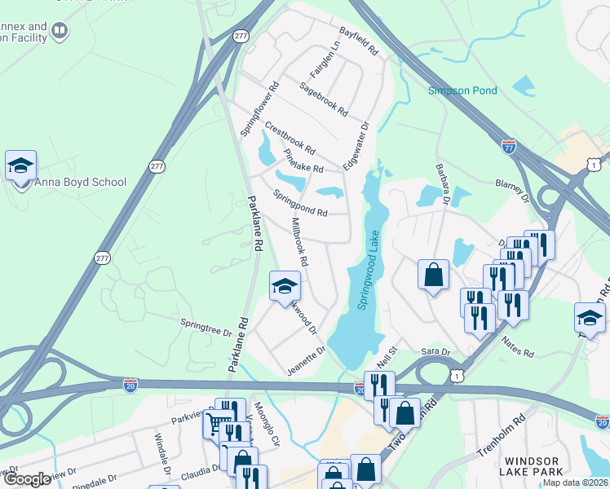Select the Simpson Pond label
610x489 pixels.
pyautogui.click(x=462, y=90)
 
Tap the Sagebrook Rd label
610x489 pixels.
pyautogui.click(x=323, y=98)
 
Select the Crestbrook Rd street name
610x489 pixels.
pyautogui.click(x=290, y=138)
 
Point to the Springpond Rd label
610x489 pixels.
pyautogui.click(x=299, y=203)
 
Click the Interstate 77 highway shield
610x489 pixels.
pyautogui.click(x=508, y=148)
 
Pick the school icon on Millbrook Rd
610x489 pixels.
pyautogui.click(x=285, y=286)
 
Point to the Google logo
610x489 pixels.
pyautogui.click(x=27, y=479)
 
